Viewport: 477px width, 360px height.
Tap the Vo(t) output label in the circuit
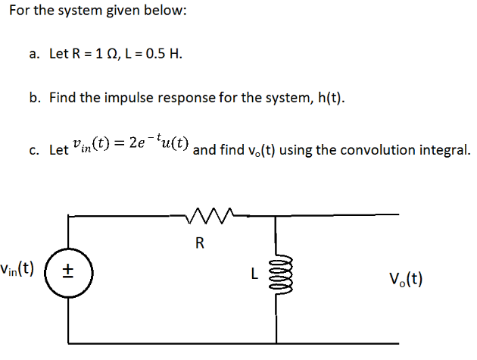coord(406,278)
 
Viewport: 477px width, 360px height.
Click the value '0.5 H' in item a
coord(164,55)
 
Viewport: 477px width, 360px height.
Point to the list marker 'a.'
coord(36,55)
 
